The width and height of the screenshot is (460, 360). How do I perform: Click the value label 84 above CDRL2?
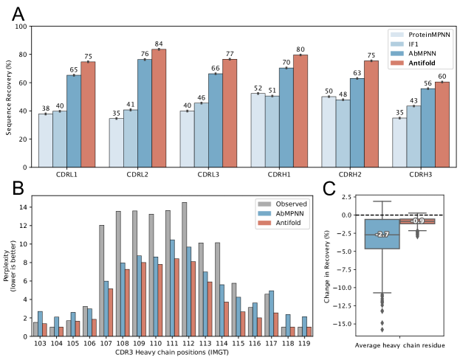point(159,44)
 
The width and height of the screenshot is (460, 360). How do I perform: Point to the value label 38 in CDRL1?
point(46,109)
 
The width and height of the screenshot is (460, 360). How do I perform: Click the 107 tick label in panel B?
point(106,344)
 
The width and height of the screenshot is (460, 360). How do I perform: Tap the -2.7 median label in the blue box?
point(382,234)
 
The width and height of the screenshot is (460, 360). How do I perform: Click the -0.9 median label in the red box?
point(417,221)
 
